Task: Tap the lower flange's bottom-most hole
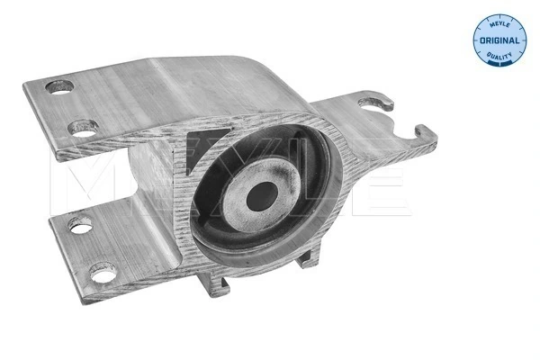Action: point(102,269)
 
